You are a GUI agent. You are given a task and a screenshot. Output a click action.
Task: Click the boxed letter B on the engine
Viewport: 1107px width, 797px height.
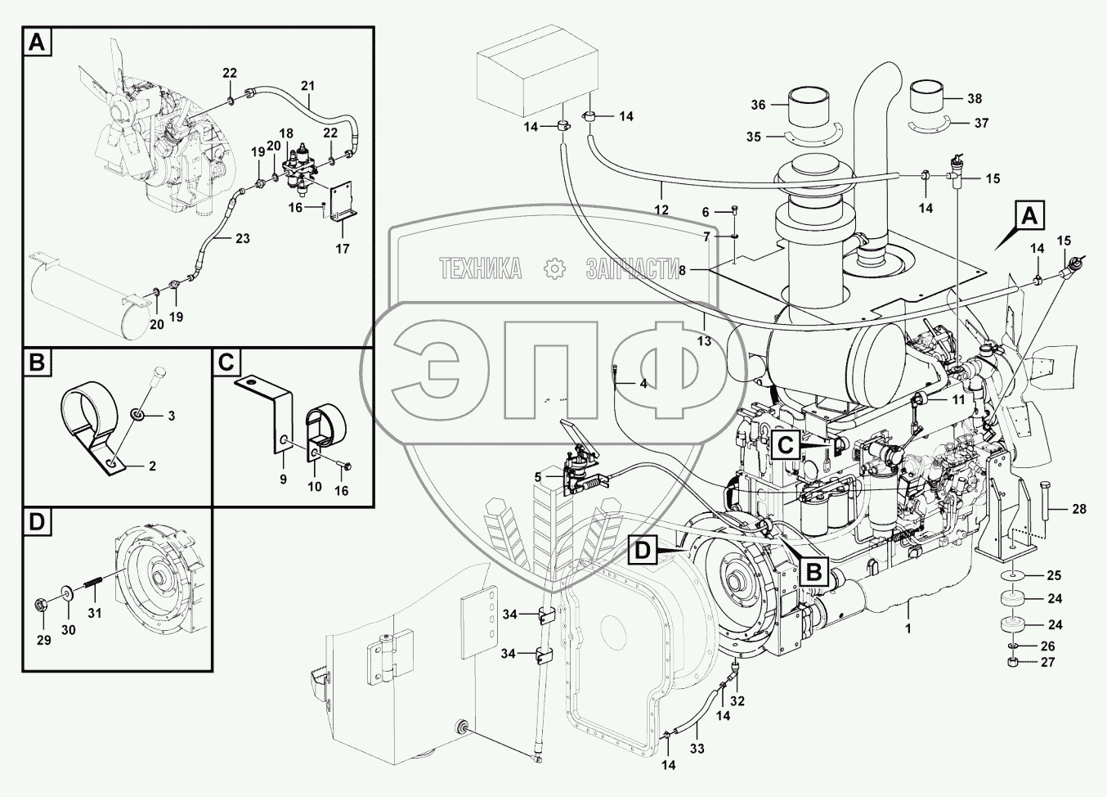point(814,570)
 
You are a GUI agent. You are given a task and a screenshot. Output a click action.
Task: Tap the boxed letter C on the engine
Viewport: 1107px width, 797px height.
point(784,445)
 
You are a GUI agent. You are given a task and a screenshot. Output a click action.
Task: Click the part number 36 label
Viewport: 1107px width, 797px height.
point(759,105)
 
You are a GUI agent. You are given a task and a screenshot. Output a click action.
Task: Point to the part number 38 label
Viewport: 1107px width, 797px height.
point(975,99)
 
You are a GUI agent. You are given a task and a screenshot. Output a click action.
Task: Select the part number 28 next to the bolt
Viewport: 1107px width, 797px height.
point(1079,509)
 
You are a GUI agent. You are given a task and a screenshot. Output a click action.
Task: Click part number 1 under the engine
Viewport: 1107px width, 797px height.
point(908,628)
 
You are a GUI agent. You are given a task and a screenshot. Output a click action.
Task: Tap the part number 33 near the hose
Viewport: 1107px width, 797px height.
point(697,748)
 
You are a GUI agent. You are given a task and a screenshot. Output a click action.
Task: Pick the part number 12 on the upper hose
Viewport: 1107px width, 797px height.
point(661,210)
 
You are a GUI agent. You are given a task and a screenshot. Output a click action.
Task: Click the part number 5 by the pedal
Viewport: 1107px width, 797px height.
point(538,477)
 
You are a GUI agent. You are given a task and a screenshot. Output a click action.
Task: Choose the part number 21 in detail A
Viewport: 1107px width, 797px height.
point(307,86)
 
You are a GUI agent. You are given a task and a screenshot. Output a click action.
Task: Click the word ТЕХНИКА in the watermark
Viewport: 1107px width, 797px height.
point(481,268)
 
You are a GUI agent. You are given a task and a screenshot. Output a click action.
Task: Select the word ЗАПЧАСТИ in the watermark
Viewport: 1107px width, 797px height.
point(633,268)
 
